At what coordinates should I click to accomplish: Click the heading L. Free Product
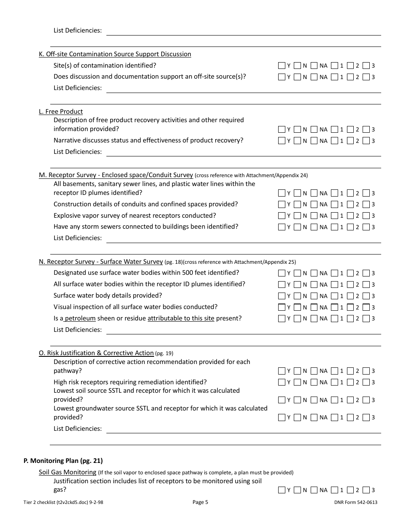(61, 112)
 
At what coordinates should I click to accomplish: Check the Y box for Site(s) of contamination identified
(282, 66)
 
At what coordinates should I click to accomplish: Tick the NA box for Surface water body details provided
(314, 296)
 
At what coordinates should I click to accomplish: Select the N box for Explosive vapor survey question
(297, 216)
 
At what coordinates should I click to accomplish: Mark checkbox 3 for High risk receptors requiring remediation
(366, 382)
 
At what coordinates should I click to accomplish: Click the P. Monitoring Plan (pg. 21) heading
(63, 461)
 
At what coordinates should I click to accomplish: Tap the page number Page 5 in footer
(200, 502)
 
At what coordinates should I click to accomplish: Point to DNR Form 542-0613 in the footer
(355, 502)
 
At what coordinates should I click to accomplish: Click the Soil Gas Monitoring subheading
(68, 472)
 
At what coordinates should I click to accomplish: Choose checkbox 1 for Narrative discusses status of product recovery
(334, 141)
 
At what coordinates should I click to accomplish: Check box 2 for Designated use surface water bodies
(350, 273)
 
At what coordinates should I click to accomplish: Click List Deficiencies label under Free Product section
(78, 152)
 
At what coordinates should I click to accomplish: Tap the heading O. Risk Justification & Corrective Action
(96, 353)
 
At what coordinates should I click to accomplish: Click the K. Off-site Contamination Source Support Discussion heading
(115, 54)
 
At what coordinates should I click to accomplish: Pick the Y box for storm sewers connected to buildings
(282, 227)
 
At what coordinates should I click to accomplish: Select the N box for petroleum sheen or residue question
(297, 319)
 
